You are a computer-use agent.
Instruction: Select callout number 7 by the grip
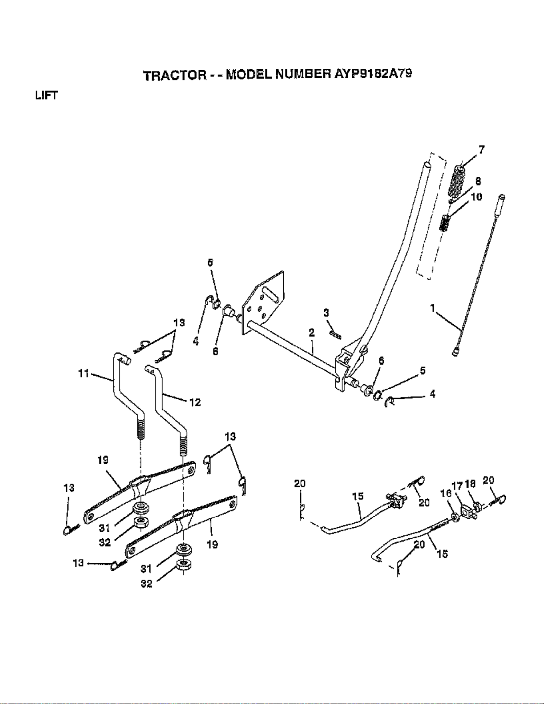[481, 150]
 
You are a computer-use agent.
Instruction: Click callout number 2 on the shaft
[312, 332]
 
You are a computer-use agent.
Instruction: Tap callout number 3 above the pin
[326, 313]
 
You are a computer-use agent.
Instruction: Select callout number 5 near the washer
[422, 370]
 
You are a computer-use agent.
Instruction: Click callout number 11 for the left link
[83, 374]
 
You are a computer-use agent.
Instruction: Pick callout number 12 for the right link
[195, 402]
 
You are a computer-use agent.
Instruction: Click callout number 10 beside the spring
[476, 197]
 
